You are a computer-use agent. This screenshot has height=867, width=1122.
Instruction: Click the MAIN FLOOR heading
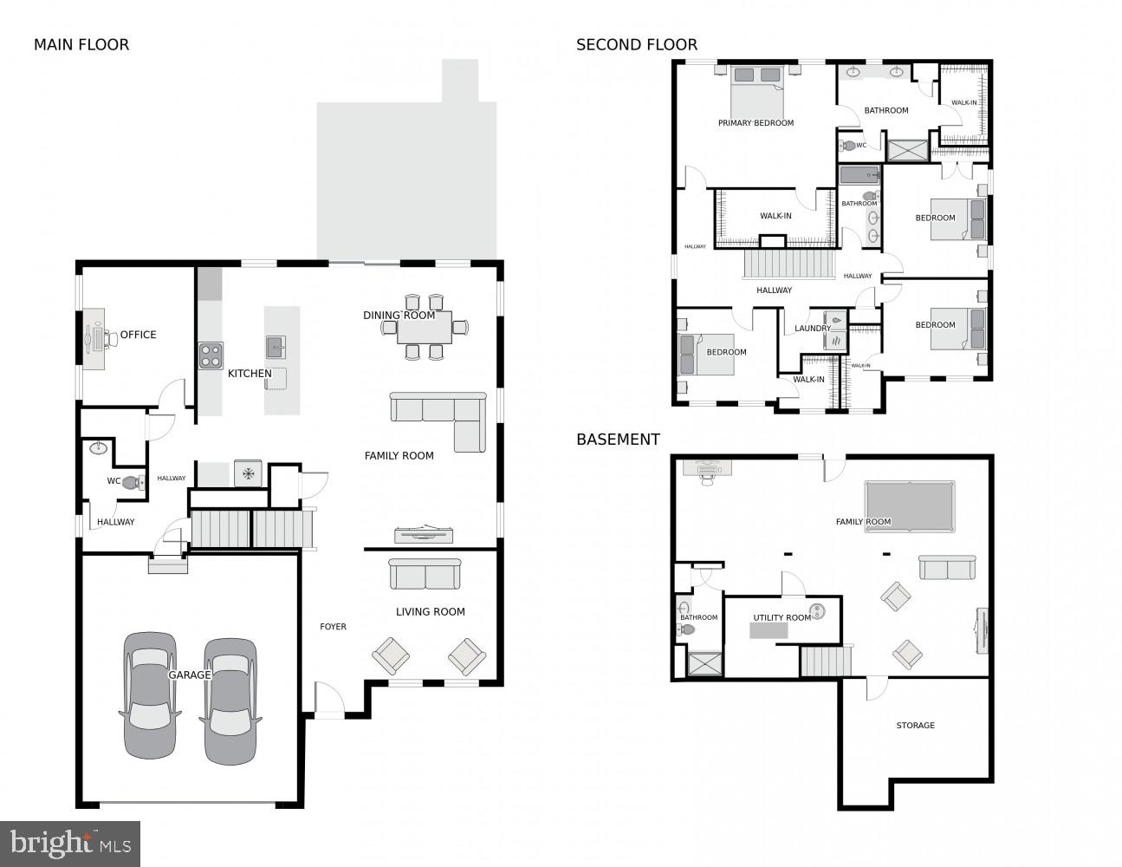81,45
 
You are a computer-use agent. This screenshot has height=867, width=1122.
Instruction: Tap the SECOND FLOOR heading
637,45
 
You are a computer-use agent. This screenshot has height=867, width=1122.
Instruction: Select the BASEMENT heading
618,440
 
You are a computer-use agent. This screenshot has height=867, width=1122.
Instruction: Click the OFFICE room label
138,335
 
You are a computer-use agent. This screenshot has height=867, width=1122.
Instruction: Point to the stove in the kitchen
211,355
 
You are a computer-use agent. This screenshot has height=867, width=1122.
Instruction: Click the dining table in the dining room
424,327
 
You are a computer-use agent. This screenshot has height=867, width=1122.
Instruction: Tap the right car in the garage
230,701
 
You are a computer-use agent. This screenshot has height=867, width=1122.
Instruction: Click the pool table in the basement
909,505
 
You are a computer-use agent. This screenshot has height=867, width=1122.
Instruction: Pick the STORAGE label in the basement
915,726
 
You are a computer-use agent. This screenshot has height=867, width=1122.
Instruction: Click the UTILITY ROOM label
782,618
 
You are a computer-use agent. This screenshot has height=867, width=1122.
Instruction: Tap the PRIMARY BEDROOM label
756,123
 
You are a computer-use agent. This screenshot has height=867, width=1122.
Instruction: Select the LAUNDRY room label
813,329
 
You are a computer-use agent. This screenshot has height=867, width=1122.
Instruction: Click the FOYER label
333,627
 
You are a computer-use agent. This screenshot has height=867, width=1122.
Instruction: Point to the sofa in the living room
425,574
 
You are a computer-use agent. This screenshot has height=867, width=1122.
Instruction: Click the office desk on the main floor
94,339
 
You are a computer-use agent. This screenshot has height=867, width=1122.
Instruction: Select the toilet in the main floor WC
133,483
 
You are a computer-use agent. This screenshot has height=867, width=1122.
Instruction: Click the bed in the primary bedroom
756,90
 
